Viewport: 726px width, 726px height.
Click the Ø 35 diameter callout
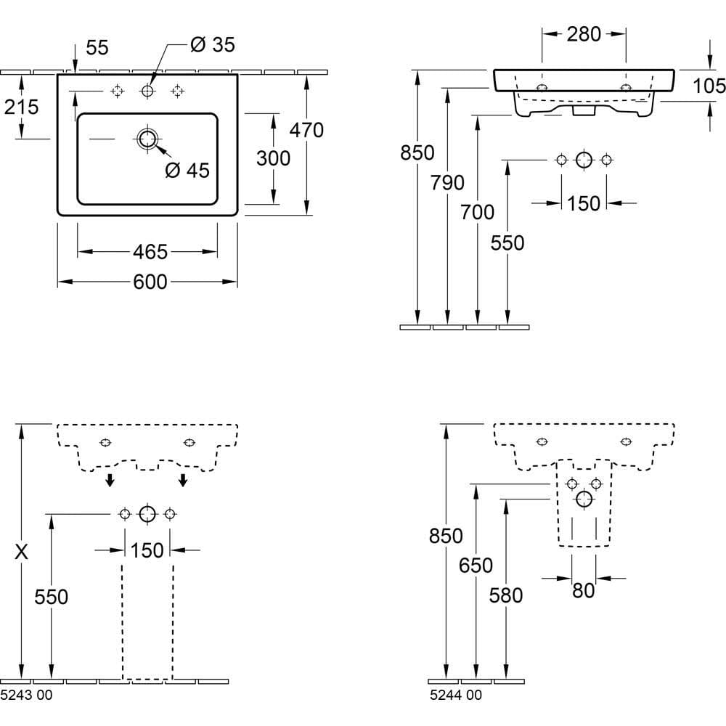[x=212, y=45]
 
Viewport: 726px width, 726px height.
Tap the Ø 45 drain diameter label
[x=187, y=171]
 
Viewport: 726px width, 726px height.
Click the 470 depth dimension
[x=306, y=130]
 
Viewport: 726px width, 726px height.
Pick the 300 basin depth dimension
[x=273, y=158]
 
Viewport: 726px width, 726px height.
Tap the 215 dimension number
[x=21, y=107]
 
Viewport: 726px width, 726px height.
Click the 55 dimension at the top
[x=97, y=48]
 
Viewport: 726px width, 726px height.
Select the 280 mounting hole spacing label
[x=584, y=33]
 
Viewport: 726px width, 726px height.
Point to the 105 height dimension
[x=709, y=86]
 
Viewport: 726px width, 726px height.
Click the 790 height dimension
[x=447, y=183]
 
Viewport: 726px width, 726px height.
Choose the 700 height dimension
[x=477, y=212]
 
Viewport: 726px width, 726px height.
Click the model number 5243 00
[x=26, y=696]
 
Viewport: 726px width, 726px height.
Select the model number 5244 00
[x=455, y=696]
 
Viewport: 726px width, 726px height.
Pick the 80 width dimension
[x=584, y=591]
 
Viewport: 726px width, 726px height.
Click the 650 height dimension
[x=476, y=565]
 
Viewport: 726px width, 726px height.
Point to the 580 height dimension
[x=506, y=595]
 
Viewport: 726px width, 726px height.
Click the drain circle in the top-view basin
[x=148, y=139]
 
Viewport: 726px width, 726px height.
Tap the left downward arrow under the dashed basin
[x=109, y=479]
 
